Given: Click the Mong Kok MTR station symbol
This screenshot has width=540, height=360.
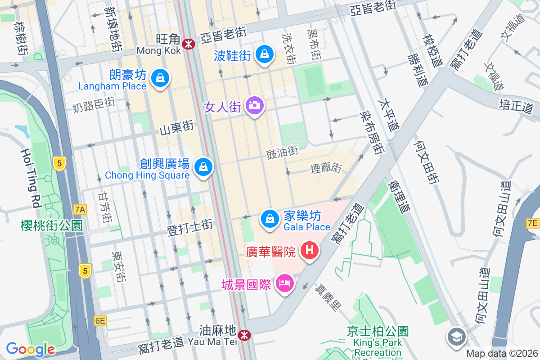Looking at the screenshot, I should [189, 44].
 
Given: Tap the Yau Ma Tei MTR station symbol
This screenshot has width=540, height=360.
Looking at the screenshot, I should [244, 335].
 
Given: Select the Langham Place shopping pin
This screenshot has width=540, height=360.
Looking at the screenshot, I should [159, 78].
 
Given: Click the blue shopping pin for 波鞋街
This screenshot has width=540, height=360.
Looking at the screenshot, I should [265, 54].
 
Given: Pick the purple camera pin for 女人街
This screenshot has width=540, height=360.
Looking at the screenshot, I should [255, 105].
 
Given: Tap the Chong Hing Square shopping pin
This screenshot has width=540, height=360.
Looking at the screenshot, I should [203, 167].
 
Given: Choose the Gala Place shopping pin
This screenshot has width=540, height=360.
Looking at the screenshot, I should [270, 219].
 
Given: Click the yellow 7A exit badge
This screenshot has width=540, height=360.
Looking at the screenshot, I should [80, 209].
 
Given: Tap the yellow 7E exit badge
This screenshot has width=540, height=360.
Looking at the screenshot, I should [532, 223].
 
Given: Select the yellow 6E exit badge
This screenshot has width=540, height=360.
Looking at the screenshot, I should [100, 320].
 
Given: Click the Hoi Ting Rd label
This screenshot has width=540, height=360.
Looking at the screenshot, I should [30, 178].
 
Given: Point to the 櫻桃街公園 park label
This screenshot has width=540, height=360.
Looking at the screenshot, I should [52, 225].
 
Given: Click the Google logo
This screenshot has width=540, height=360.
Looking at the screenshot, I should [30, 349].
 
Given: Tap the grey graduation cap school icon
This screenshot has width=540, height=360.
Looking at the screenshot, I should [456, 336].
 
